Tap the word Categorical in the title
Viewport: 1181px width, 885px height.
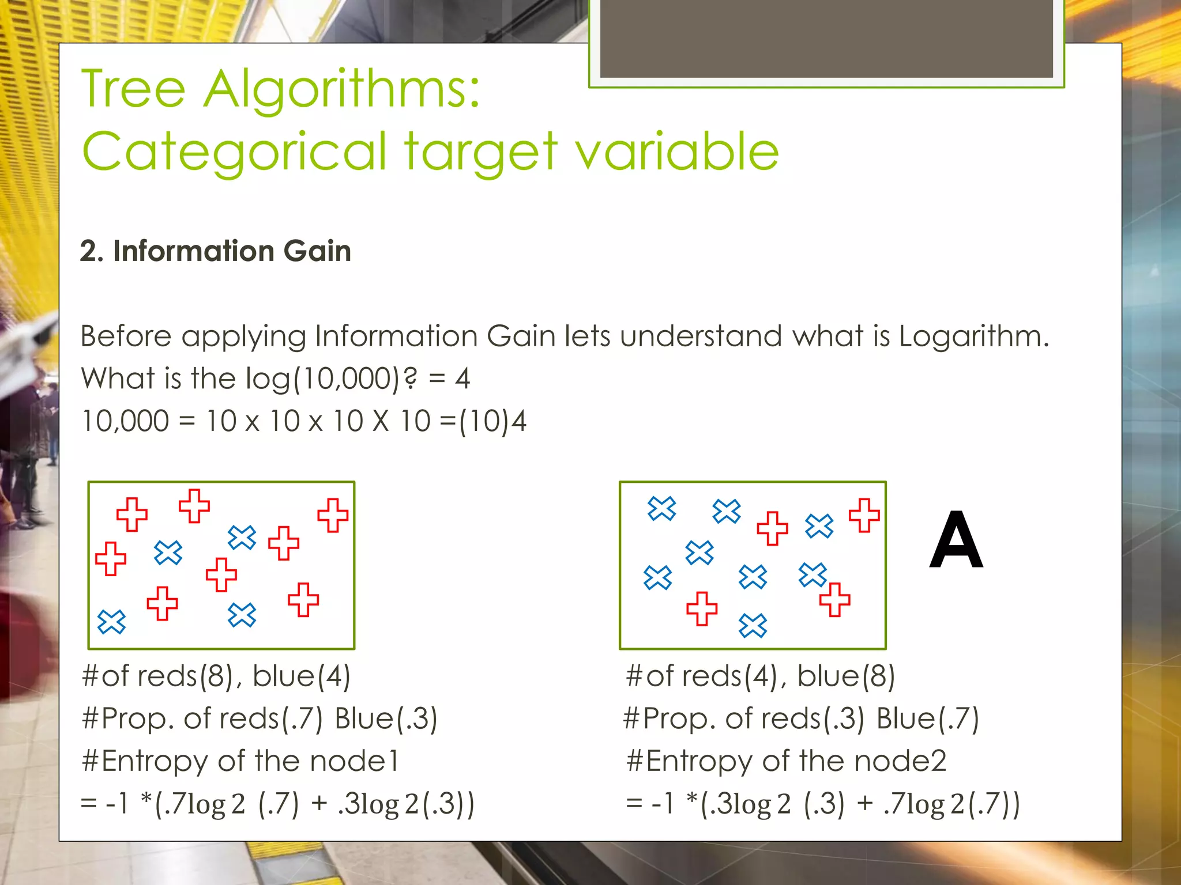[234, 152]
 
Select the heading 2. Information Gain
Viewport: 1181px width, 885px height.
[215, 251]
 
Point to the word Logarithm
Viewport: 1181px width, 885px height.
[973, 336]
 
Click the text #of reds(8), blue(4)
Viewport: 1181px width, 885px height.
[216, 676]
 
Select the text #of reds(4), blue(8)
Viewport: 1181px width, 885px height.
[760, 676]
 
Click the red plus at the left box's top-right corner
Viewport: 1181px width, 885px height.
[333, 515]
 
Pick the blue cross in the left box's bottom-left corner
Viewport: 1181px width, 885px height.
[111, 622]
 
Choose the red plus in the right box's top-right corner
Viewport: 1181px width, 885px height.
[864, 515]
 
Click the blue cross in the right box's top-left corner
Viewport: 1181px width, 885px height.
[661, 508]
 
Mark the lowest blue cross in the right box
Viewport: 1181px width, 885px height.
[753, 626]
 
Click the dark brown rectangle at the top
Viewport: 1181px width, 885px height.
[826, 38]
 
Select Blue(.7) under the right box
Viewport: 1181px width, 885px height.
[927, 718]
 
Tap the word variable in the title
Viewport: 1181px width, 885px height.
[677, 152]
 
